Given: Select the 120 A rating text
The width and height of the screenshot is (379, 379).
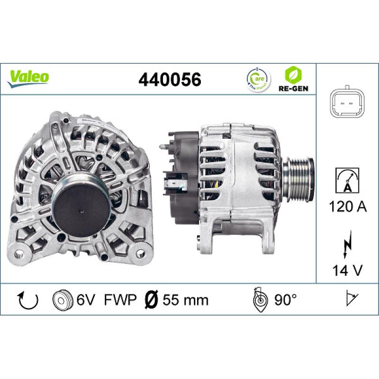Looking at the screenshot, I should pos(347,207).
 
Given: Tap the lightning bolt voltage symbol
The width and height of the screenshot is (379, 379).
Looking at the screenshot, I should pos(347,244).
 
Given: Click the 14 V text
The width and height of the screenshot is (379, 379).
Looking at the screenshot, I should pos(347,271).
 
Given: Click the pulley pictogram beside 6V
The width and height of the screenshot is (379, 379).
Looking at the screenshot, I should pos(60,299).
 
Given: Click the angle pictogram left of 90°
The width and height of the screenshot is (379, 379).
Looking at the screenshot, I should pos(260,299).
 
